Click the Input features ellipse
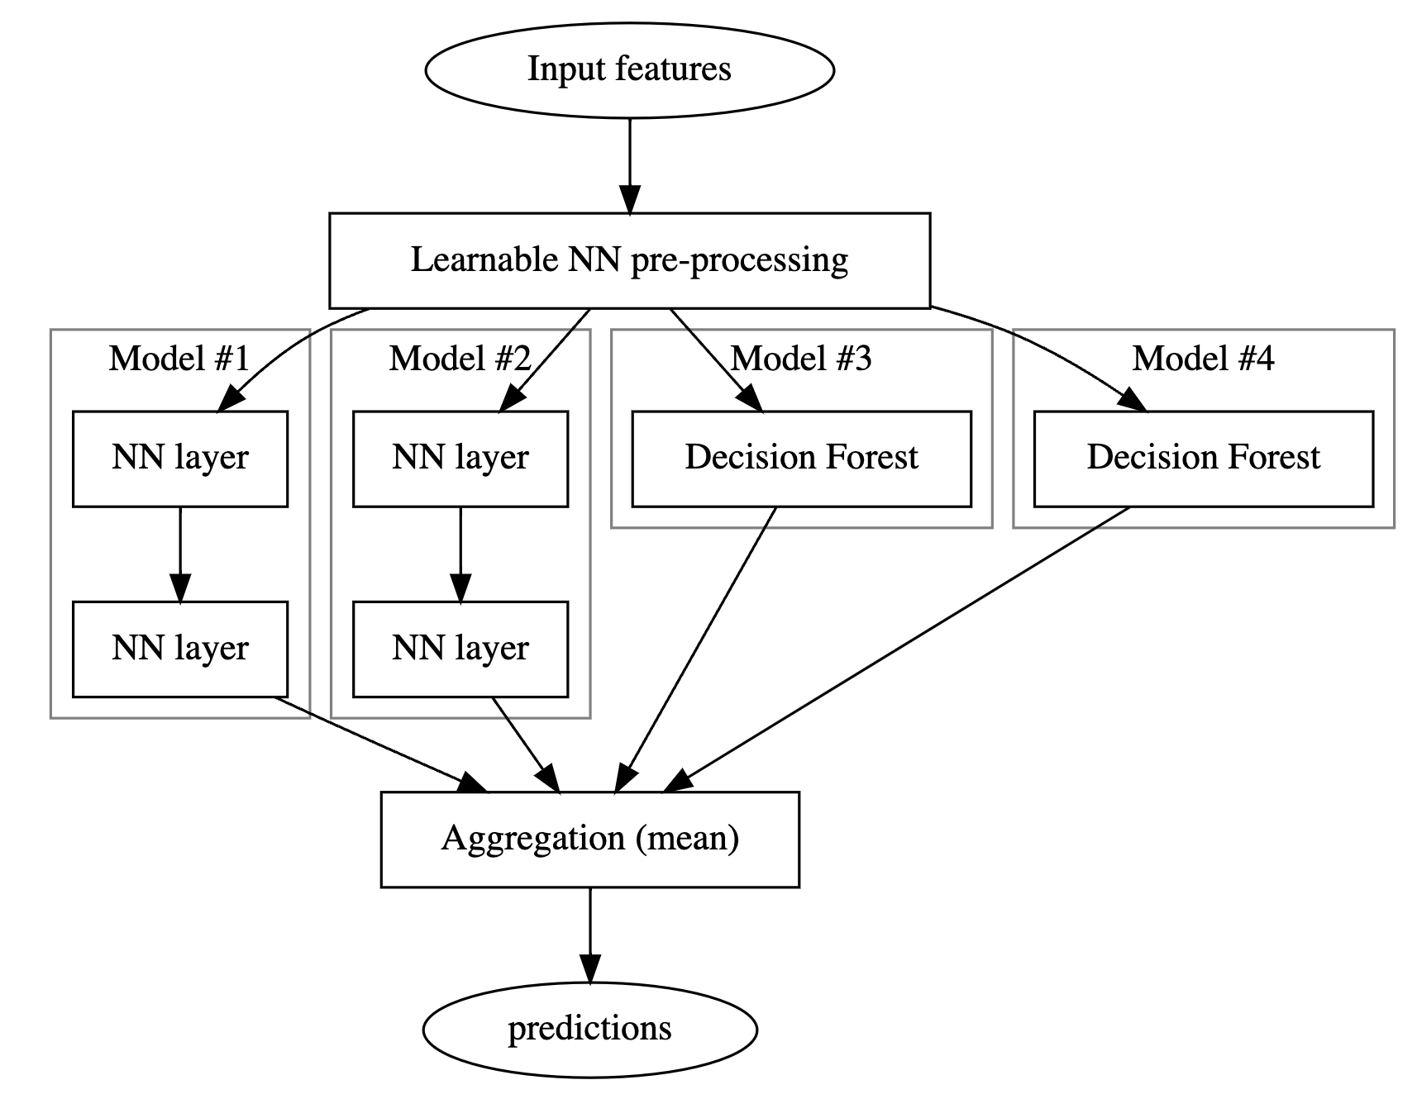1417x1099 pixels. pos(629,69)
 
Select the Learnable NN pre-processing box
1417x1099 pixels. pos(629,260)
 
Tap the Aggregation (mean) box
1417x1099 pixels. pos(589,840)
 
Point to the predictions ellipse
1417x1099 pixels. pos(589,1030)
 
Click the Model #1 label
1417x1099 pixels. pos(179,359)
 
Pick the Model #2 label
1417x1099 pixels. pos(460,359)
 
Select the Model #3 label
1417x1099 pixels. pos(801,359)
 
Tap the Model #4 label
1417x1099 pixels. pos(1203,359)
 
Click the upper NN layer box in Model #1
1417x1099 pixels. pos(180,459)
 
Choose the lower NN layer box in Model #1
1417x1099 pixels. pos(180,649)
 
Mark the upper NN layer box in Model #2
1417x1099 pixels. pos(460,459)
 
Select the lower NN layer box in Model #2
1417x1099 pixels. pos(460,649)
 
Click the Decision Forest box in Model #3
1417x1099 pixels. pos(801,459)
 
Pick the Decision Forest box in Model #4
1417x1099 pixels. pos(1203,459)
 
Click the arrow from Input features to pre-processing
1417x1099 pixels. pos(630,166)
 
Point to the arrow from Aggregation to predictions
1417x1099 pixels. pos(590,935)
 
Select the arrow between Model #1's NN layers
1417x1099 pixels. pos(180,554)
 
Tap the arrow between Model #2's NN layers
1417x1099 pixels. pos(460,554)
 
